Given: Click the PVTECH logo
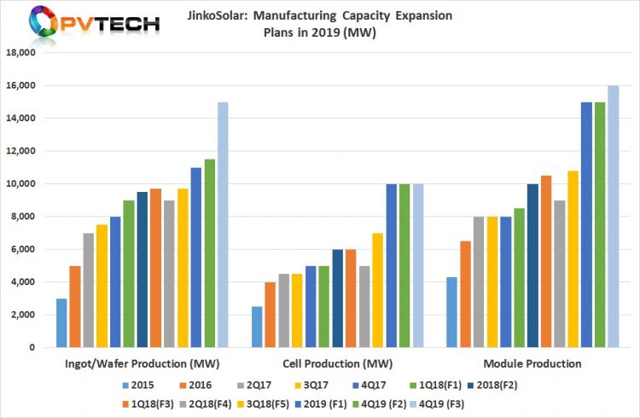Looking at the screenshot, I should (82, 23).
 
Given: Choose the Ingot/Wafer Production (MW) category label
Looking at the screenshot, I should (141, 364).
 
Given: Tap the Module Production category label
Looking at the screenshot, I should (530, 364).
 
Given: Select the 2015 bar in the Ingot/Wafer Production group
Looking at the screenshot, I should (61, 323).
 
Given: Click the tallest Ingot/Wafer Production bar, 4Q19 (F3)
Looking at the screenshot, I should (222, 225).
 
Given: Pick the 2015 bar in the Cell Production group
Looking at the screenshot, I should (256, 328).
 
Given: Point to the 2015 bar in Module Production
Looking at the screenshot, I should (451, 312).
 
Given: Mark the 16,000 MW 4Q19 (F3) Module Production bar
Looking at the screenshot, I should (613, 217).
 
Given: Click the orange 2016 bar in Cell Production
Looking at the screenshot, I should (270, 315).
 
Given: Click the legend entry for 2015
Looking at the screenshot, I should (144, 385).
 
